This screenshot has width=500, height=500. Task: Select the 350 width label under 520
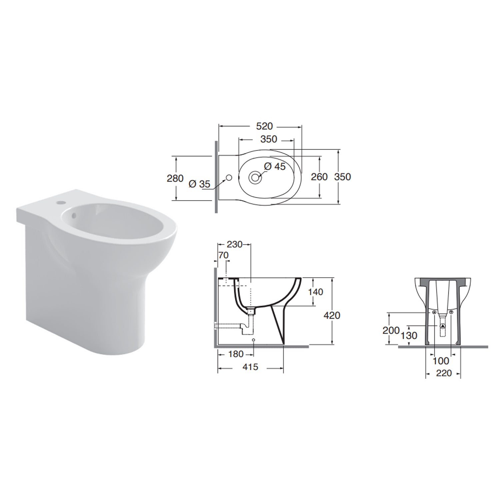tap(268, 139)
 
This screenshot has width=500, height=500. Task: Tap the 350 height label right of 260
tap(343, 177)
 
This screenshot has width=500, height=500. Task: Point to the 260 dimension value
tap(319, 177)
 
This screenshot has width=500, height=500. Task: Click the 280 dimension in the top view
tap(175, 178)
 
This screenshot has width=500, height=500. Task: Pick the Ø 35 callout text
tap(199, 184)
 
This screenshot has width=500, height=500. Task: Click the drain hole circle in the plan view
tap(255, 177)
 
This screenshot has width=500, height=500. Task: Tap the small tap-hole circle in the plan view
tap(229, 177)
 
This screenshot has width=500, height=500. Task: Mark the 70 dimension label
tap(223, 255)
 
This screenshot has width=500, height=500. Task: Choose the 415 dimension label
tap(250, 367)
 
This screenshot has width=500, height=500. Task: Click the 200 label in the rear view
tap(391, 330)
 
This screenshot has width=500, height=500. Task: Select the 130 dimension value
tap(409, 335)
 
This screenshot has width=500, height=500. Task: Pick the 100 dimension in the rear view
tap(441, 360)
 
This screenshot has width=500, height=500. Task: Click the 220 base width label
tap(443, 373)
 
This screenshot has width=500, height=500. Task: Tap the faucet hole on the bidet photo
tap(60, 202)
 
